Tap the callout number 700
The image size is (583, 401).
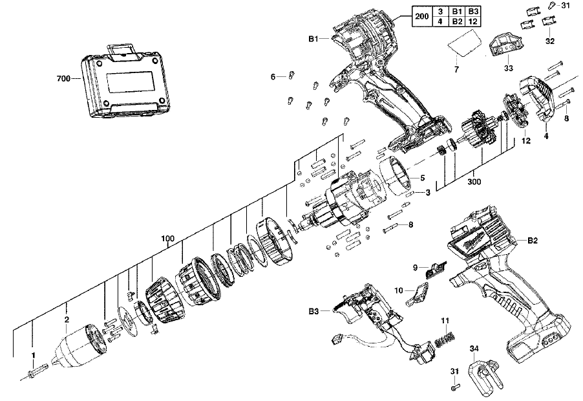click(x=63, y=79)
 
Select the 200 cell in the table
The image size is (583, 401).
click(x=421, y=16)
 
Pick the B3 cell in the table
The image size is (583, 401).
click(x=472, y=12)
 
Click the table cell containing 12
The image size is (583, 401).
click(x=472, y=21)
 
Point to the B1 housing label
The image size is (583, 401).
click(x=313, y=39)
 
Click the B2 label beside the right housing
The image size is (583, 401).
click(x=533, y=241)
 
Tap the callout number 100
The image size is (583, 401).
click(x=167, y=239)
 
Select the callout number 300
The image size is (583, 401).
click(x=474, y=182)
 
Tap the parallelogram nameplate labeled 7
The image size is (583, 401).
click(x=464, y=43)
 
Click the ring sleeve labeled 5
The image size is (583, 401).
click(x=395, y=177)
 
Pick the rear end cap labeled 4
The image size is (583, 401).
click(x=536, y=98)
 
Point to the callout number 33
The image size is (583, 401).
click(x=508, y=68)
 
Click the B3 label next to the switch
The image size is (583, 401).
click(x=313, y=311)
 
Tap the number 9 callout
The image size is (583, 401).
click(x=416, y=267)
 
